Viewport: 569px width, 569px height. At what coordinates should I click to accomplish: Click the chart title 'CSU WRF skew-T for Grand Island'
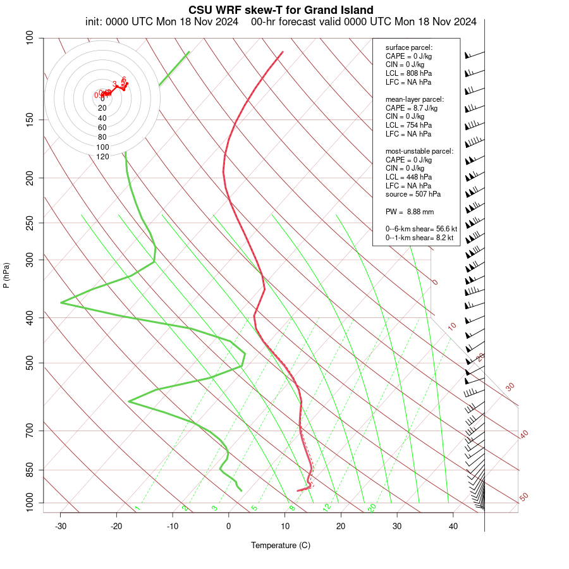281,10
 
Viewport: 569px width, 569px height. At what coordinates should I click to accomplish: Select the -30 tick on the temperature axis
61,526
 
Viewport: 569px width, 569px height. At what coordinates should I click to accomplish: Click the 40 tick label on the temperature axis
453,526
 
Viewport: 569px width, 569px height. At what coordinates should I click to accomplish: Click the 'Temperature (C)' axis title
281,545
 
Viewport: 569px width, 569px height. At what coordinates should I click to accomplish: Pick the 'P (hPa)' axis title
6,275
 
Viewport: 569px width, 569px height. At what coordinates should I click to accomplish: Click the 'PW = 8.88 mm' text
410,211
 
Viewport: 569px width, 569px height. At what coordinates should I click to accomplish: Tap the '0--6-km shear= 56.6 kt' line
421,229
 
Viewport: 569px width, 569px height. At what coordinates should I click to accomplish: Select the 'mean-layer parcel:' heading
415,99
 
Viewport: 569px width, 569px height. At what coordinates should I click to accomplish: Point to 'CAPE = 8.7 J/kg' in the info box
412,108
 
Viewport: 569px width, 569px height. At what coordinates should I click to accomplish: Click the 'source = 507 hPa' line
413,194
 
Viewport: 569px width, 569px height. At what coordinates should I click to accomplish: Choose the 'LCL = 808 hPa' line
408,73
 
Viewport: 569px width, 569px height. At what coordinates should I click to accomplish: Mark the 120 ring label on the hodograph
102,156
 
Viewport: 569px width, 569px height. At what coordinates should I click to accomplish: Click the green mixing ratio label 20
372,507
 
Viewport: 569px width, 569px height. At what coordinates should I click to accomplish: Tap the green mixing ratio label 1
137,508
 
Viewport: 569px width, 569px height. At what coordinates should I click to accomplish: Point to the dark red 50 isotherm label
523,498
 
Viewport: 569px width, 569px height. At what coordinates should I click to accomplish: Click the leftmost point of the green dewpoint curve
61,303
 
